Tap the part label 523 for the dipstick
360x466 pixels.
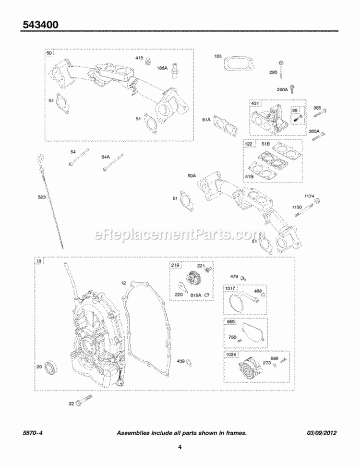(x=43, y=197)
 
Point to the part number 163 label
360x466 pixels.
(x=218, y=56)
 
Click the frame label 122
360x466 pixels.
(x=248, y=143)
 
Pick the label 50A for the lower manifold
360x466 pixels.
(x=192, y=176)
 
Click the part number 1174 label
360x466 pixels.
(x=309, y=196)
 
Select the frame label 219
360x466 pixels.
(x=175, y=265)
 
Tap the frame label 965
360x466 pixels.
(x=229, y=322)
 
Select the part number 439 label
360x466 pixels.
(x=180, y=361)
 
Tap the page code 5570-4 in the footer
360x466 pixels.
(x=32, y=433)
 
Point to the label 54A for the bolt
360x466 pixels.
(x=106, y=157)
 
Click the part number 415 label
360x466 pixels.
(x=139, y=58)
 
